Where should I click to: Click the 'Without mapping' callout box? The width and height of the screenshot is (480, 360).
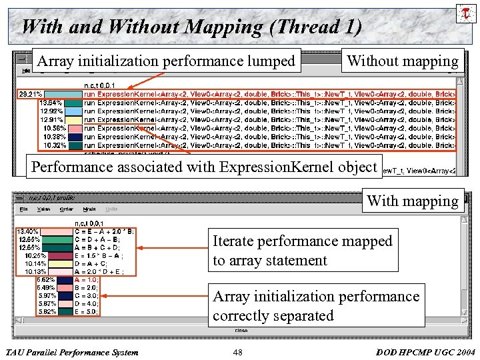click(x=403, y=61)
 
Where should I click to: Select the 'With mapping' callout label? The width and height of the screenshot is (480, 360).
click(x=413, y=201)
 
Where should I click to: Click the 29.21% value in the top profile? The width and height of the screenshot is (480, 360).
click(x=31, y=95)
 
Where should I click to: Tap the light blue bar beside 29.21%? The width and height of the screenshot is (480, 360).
click(x=64, y=95)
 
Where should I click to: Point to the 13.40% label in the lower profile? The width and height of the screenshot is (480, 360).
click(x=28, y=231)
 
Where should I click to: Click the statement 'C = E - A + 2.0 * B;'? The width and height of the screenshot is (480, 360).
click(x=105, y=231)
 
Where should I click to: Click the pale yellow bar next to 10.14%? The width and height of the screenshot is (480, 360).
click(x=64, y=263)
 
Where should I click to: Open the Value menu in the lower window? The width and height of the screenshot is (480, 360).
click(x=43, y=209)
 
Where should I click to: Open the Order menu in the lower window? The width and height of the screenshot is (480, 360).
click(x=66, y=209)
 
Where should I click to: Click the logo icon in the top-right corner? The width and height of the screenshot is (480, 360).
click(x=464, y=13)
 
